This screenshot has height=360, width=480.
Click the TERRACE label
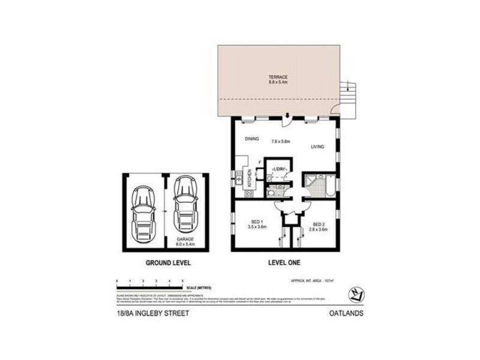tap(279, 77)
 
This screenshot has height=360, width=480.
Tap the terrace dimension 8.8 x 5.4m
tap(279, 83)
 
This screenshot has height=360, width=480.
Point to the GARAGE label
tap(185, 239)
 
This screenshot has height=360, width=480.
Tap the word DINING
tap(251, 139)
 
